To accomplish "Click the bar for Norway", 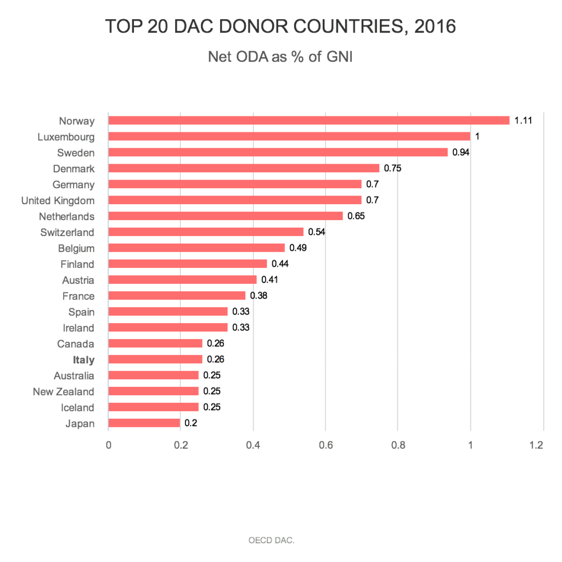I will (309, 121).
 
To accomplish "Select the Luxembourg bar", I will (289, 137).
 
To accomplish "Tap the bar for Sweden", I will (278, 153).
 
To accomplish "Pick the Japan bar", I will (144, 423).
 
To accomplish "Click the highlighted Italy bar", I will (155, 359).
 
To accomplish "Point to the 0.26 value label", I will (216, 360).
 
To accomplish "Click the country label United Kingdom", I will (58, 200).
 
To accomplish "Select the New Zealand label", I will (63, 391).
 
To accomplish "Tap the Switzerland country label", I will (67, 232).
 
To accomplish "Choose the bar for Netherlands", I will (226, 216).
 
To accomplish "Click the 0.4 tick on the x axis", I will (252, 445).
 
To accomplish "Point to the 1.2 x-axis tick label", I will (537, 445).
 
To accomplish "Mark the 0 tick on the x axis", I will (109, 445).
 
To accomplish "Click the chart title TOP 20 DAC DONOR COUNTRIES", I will (280, 26).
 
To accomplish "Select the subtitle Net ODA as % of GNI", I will (280, 57).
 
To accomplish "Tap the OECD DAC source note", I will (271, 540).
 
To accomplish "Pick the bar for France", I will (177, 296).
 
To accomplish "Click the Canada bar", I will (155, 344).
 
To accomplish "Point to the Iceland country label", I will (77, 407).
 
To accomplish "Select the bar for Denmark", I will (244, 168).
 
